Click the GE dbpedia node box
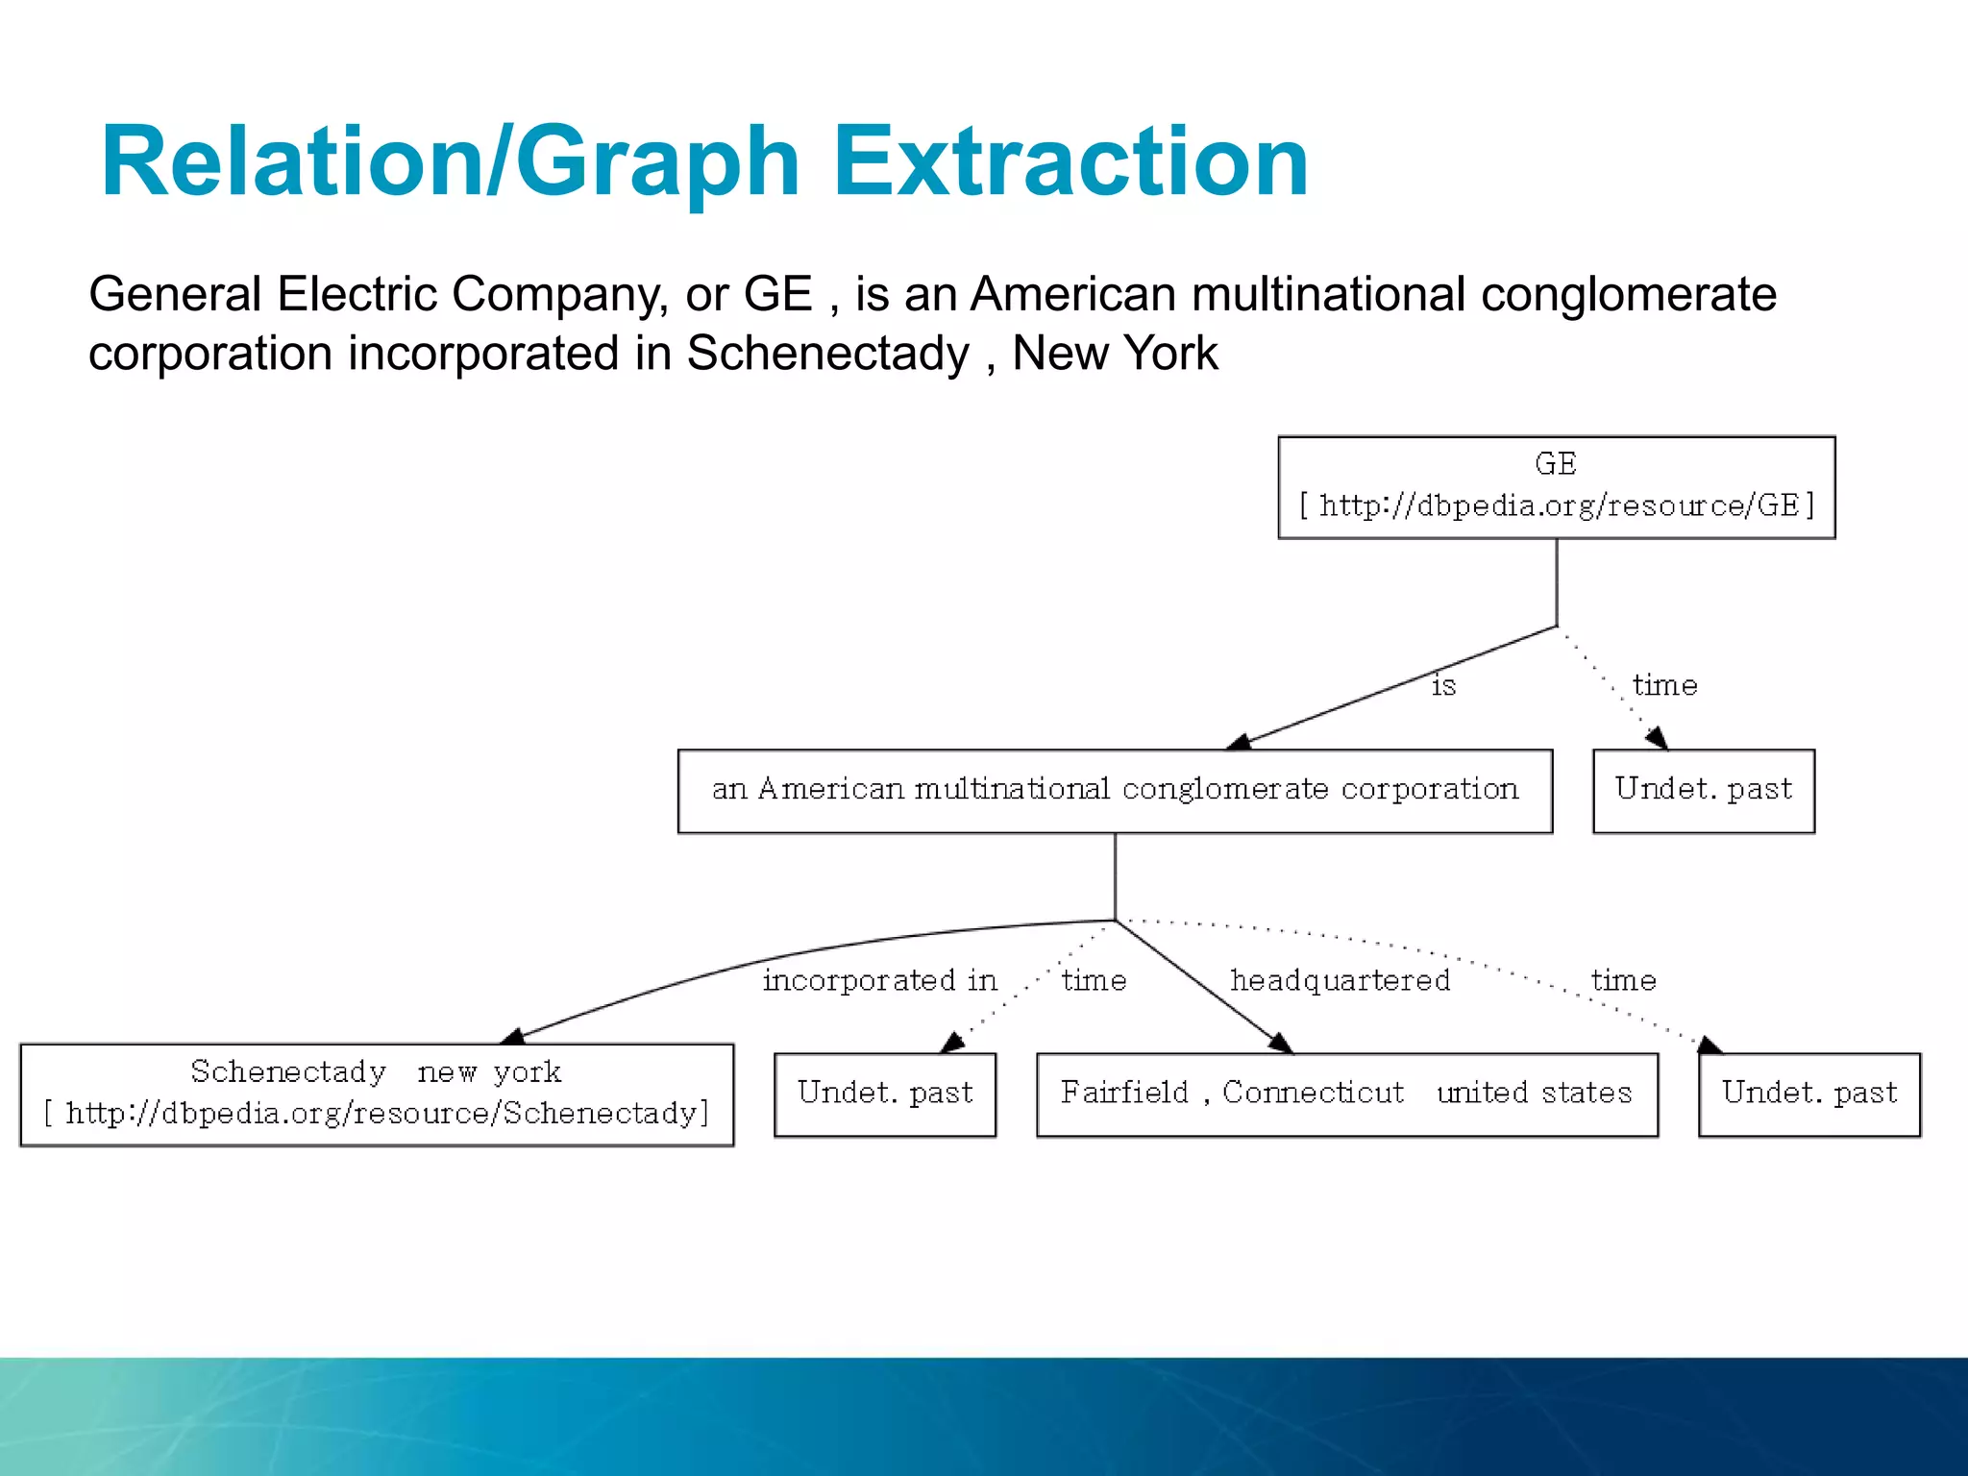click(x=1556, y=487)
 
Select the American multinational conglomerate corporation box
click(x=1115, y=791)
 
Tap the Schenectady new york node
click(x=377, y=1095)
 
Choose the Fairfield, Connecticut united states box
click(x=1346, y=1095)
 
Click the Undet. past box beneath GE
click(x=1703, y=791)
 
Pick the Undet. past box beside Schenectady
click(x=884, y=1095)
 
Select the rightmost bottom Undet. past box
click(x=1808, y=1095)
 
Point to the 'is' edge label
click(x=1443, y=686)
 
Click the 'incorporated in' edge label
click(x=879, y=981)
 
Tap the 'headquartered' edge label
click(x=1341, y=981)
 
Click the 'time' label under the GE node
click(x=1664, y=686)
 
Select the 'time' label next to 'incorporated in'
click(x=1094, y=981)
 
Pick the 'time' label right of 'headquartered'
click(x=1623, y=981)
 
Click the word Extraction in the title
click(x=1070, y=163)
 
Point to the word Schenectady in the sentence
click(x=827, y=354)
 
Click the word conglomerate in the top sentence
click(x=1628, y=294)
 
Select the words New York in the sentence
click(x=1115, y=354)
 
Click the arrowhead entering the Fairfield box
click(x=1281, y=1044)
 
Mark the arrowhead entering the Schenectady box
click(x=513, y=1036)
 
